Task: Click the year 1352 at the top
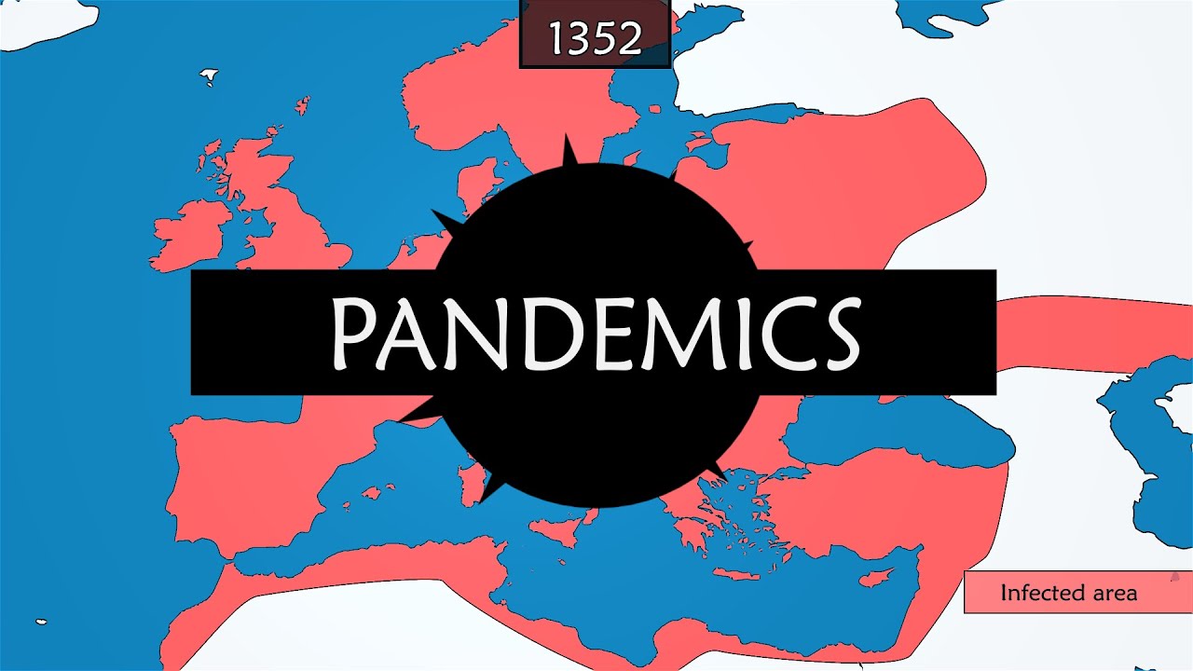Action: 595,38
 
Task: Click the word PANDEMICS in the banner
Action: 594,333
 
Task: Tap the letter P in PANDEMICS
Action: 355,333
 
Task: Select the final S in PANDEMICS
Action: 834,333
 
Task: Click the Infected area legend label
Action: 1068,593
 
